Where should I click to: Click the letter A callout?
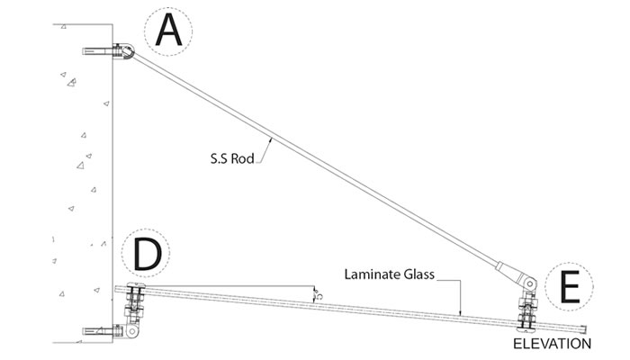pos(170,31)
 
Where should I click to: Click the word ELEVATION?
pos(552,344)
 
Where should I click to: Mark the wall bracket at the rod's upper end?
pos(122,53)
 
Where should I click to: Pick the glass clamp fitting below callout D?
pos(134,302)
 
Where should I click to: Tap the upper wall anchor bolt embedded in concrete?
pos(95,52)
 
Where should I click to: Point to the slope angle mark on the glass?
pos(314,294)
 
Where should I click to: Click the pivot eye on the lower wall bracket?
pos(132,333)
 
